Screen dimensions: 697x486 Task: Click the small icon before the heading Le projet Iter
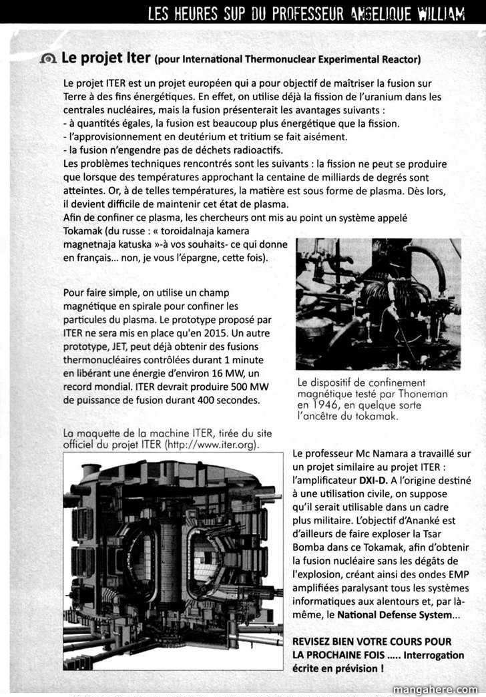pyautogui.click(x=47, y=59)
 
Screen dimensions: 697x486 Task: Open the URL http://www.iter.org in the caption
pyautogui.click(x=209, y=445)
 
